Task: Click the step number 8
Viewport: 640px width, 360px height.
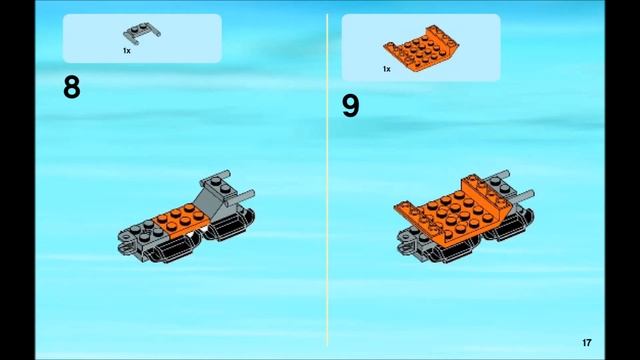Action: coord(71,88)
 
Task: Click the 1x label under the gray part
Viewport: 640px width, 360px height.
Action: coord(126,50)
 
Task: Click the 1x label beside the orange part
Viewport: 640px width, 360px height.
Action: coord(386,69)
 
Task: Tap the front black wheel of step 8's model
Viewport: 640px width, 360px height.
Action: coord(169,247)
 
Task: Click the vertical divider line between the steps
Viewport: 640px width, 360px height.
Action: coord(328,180)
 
